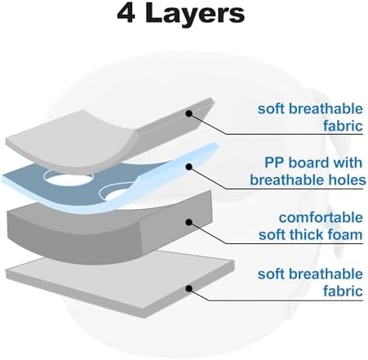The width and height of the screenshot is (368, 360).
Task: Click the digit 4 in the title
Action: coord(126,14)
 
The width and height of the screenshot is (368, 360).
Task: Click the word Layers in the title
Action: coord(195,15)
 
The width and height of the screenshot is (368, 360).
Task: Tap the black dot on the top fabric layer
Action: coord(189,113)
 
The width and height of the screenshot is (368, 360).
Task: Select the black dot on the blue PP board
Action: coord(189,167)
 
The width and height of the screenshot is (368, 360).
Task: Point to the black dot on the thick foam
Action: coord(189,223)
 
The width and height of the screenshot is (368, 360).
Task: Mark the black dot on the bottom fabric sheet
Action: coord(189,288)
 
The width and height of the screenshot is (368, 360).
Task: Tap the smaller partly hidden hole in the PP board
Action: coord(115,193)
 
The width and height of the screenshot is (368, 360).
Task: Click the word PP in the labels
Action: coord(274,162)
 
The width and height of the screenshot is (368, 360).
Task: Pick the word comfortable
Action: coord(321,217)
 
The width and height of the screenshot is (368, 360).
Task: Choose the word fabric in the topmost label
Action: coord(343,126)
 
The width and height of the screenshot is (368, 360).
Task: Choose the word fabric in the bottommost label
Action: coord(343,291)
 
